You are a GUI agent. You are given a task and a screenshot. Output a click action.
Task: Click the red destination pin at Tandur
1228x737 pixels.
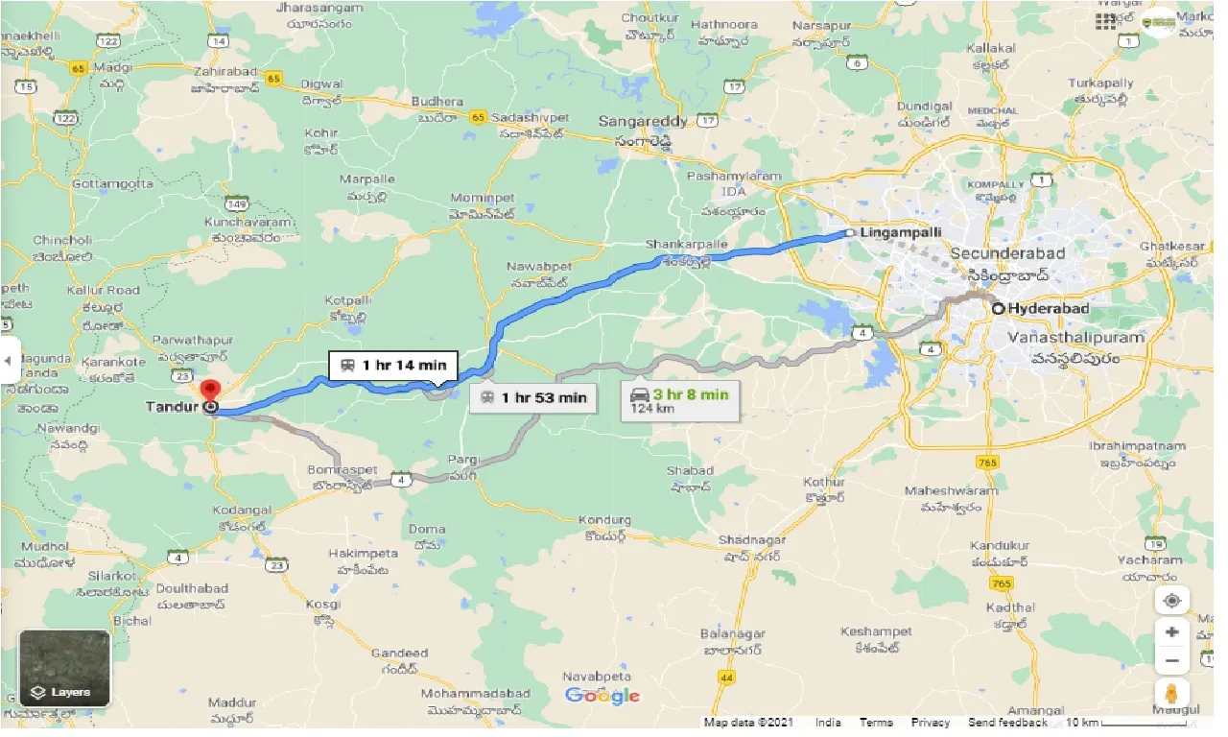[x=209, y=392]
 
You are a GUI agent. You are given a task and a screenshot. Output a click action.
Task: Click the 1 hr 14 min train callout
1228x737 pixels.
[x=393, y=365]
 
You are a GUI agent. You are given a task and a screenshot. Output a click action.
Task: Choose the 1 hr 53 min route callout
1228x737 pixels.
[x=534, y=397]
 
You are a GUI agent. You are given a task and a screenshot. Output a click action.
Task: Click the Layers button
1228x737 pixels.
[x=64, y=669]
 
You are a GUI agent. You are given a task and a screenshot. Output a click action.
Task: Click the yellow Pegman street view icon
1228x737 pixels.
[x=1171, y=693]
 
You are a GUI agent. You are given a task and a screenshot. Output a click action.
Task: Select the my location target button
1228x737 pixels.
[x=1171, y=602]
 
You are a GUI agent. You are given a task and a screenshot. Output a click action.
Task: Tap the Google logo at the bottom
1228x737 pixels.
[x=602, y=696]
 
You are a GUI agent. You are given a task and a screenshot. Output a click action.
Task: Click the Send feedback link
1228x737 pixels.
[x=1007, y=723]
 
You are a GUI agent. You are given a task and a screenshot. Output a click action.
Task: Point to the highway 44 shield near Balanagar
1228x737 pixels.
[x=725, y=678]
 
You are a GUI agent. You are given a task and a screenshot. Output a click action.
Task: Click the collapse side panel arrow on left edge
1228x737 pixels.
[x=9, y=362]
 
